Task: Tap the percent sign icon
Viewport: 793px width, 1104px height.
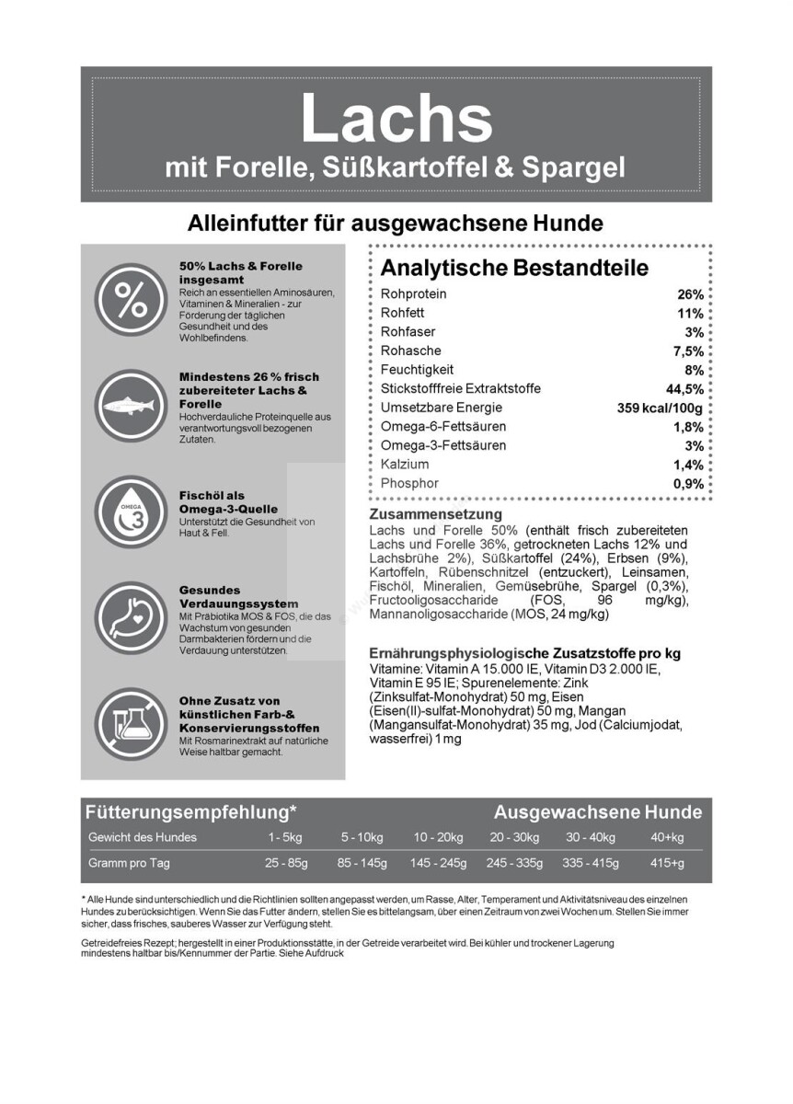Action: [129, 299]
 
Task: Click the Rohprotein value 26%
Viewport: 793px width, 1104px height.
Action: [690, 294]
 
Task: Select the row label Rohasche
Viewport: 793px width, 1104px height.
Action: [410, 351]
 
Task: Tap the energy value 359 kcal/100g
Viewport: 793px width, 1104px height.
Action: [660, 408]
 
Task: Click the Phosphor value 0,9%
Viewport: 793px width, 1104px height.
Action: [688, 484]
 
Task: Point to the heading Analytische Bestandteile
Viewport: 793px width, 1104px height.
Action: [514, 268]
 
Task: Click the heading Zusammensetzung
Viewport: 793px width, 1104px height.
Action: [435, 514]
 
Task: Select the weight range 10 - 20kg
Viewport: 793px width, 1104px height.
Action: [438, 837]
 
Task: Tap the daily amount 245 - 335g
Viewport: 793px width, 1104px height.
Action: [514, 863]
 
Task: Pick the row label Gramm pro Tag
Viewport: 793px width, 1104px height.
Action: [129, 863]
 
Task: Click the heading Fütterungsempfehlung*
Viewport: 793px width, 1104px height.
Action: [190, 812]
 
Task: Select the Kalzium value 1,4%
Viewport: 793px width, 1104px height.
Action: [688, 465]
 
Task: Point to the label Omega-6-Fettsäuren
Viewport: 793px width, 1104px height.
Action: [443, 427]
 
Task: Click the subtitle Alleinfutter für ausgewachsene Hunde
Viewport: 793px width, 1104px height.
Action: [396, 224]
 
